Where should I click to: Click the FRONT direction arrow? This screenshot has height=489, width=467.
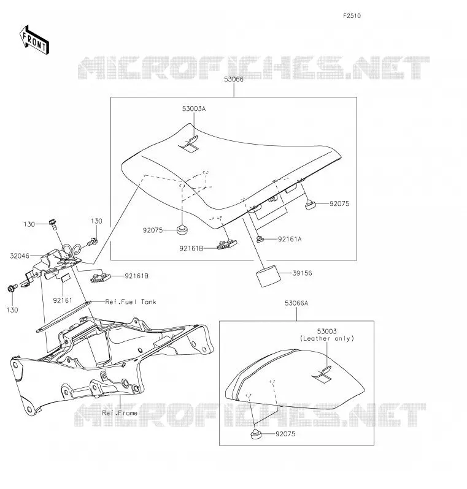[34, 40]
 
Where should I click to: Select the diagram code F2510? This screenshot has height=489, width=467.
[352, 16]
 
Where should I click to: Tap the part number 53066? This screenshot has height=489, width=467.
[234, 79]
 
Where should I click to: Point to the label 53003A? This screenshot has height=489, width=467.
[194, 109]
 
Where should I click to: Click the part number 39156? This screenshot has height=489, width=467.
[303, 273]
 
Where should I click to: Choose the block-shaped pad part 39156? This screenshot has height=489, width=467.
[268, 276]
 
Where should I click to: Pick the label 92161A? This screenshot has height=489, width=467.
[290, 239]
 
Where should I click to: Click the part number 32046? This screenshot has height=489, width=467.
[20, 256]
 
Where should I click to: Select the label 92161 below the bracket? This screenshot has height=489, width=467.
[63, 300]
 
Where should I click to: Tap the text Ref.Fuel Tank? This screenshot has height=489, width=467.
[131, 302]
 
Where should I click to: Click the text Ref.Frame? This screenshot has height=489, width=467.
[120, 413]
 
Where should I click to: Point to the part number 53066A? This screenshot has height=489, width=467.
[296, 303]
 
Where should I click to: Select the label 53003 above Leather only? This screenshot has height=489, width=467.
[326, 331]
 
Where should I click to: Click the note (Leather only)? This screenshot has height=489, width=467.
[327, 338]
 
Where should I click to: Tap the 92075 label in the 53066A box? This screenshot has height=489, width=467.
[285, 434]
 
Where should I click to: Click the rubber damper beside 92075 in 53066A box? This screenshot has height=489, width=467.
[256, 434]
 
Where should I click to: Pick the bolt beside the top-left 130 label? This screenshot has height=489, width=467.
[53, 224]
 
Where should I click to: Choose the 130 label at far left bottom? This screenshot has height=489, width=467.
[12, 310]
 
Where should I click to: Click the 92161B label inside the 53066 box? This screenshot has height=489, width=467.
[191, 249]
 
